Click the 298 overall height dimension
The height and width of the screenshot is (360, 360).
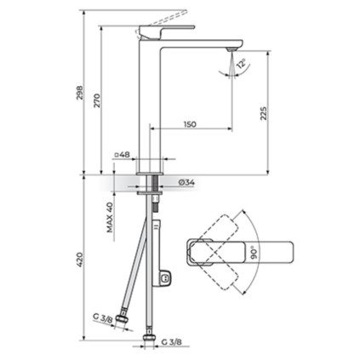click(x=80, y=93)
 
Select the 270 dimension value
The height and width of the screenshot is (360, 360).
click(x=97, y=100)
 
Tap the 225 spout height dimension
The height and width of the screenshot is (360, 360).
click(x=264, y=113)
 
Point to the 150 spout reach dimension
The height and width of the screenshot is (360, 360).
click(x=190, y=124)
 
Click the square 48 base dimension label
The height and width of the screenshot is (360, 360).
click(x=122, y=155)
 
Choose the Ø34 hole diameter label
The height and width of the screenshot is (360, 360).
click(x=186, y=182)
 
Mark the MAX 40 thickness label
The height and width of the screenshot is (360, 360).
click(x=110, y=217)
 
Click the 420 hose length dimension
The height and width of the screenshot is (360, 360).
click(x=80, y=259)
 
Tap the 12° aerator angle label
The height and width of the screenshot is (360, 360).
click(x=242, y=64)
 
